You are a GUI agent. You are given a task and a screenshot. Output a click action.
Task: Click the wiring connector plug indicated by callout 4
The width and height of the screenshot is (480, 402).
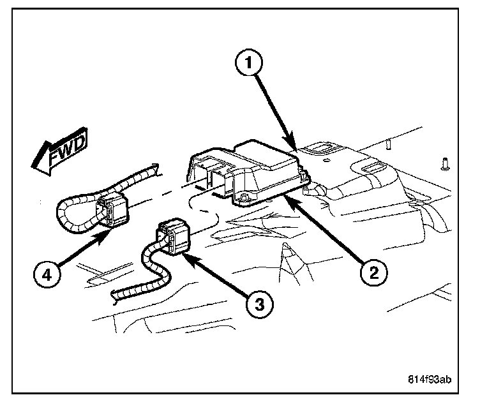click(x=112, y=211)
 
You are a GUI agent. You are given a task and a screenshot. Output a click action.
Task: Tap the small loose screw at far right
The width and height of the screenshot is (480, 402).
click(x=444, y=164)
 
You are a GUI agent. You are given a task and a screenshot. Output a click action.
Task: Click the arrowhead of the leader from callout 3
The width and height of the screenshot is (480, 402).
click(x=187, y=253)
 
